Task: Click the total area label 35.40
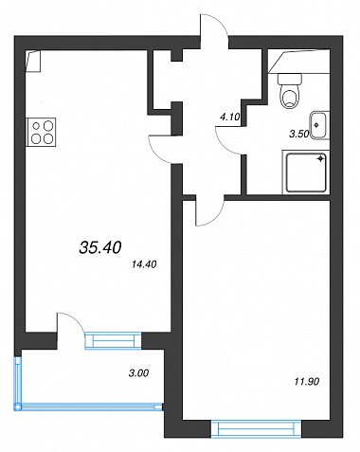coord(100,247)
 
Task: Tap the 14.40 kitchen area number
coord(144,264)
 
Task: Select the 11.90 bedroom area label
coord(307,382)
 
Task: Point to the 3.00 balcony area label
coord(138,373)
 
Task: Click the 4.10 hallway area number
coord(230,118)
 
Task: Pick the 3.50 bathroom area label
coord(299,134)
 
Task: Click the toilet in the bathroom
coord(289,91)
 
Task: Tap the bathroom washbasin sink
coord(319,125)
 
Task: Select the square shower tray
coord(306,172)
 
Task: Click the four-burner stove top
coord(42,132)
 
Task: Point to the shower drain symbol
coord(321,158)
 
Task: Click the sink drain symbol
coord(317,125)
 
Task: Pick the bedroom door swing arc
coord(216,218)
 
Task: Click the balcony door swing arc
coord(77,319)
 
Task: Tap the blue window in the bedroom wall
coord(257,428)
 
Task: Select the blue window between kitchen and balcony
coord(113,340)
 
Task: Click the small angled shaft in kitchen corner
coord(33,62)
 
